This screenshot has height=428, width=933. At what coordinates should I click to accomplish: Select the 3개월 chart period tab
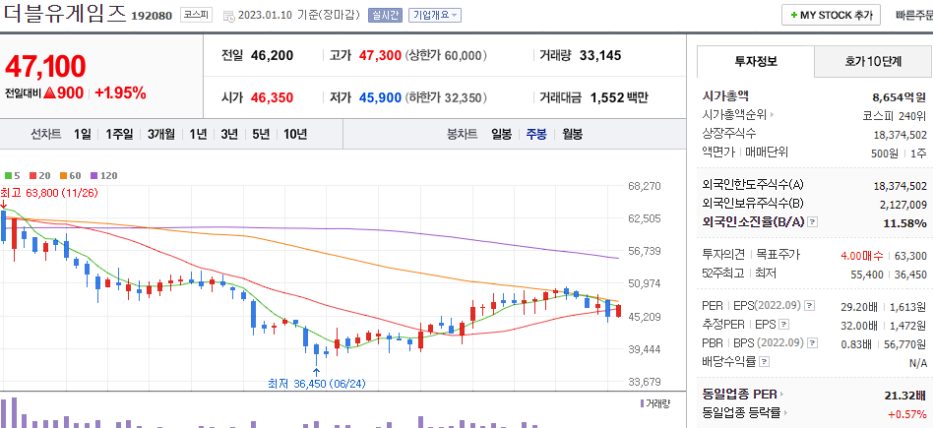[161, 134]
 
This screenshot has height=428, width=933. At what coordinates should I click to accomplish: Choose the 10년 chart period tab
[294, 134]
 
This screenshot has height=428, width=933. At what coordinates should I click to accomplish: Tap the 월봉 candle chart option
[573, 134]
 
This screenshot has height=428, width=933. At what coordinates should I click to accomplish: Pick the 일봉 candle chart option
[501, 134]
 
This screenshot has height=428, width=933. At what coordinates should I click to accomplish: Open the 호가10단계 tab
[873, 61]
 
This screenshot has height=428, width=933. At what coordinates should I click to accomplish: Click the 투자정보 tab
[756, 61]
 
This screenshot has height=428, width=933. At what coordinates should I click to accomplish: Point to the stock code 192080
[152, 17]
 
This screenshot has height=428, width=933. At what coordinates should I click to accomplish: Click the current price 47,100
[45, 67]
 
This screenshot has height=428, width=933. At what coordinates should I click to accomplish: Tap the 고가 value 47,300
[379, 55]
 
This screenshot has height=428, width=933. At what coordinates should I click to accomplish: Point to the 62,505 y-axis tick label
[645, 218]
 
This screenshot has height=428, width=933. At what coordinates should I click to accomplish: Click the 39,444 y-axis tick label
[645, 349]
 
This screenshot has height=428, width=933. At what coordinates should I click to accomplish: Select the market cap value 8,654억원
[900, 97]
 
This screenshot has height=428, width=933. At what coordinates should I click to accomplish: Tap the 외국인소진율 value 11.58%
[905, 223]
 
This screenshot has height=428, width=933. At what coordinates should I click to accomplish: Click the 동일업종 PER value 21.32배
[905, 395]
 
